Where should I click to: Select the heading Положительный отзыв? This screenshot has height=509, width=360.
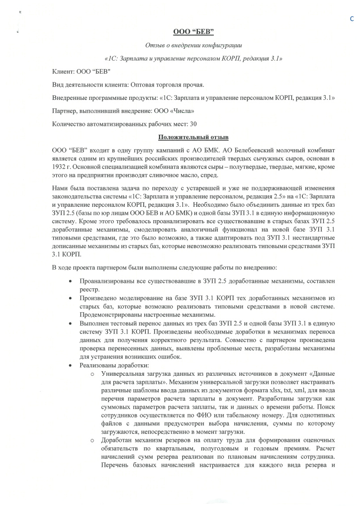193,137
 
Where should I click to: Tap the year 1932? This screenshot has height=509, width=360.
60,167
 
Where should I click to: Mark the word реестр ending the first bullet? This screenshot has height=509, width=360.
90,289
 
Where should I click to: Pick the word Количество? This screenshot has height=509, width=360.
70,123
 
